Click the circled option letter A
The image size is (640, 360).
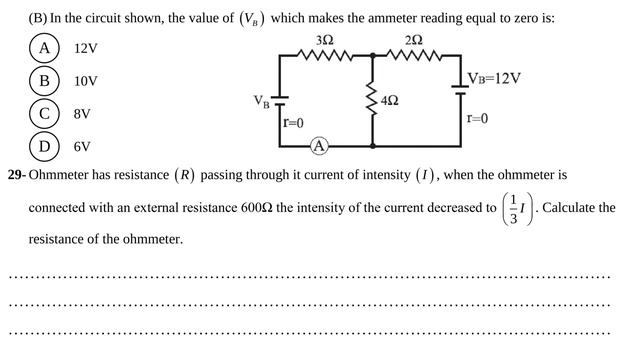(x=44, y=48)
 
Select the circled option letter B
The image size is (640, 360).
(x=44, y=81)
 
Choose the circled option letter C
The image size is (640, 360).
(x=44, y=113)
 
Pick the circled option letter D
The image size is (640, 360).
(x=44, y=146)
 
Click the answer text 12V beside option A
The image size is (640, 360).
(x=86, y=49)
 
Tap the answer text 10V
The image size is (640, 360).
(x=86, y=81)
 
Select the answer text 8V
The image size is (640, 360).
(x=82, y=114)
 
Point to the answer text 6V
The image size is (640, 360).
(x=82, y=147)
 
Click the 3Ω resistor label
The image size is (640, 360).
(x=325, y=40)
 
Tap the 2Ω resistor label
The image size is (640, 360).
(x=414, y=40)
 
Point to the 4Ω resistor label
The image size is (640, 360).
(x=390, y=100)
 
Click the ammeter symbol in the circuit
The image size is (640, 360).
(x=319, y=146)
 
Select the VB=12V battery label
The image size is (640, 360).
(x=494, y=78)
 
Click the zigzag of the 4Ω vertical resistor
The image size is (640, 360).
(x=372, y=99)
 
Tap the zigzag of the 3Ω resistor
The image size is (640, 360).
(x=325, y=54)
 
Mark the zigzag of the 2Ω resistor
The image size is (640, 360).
(x=413, y=54)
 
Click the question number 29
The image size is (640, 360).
(x=17, y=175)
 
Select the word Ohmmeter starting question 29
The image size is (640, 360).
(x=58, y=175)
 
